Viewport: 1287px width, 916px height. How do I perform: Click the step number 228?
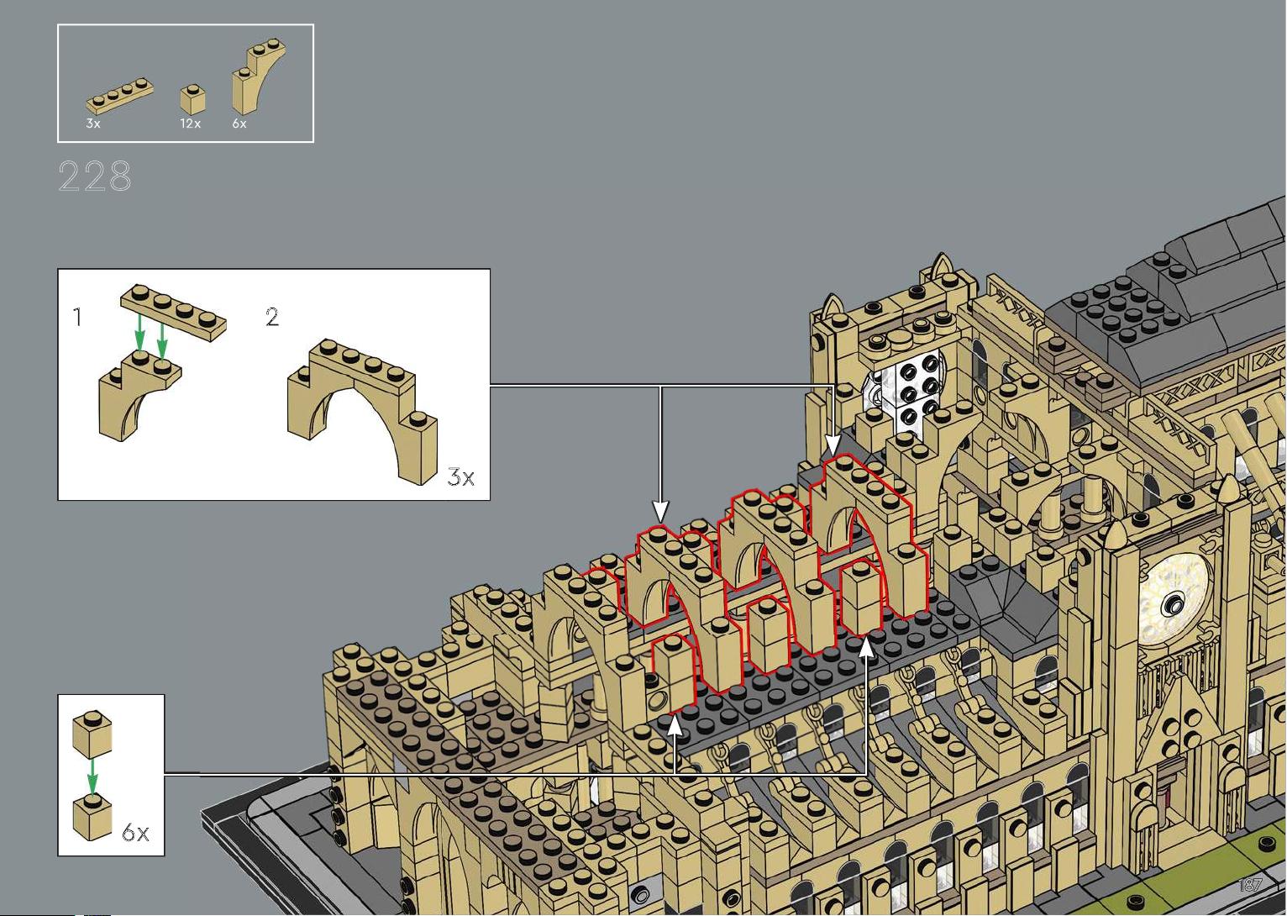pos(95,176)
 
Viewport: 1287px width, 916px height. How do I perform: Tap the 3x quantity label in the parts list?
pos(92,124)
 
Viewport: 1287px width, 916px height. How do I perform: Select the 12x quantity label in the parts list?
pos(190,124)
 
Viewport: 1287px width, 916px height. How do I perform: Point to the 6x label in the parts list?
pos(239,124)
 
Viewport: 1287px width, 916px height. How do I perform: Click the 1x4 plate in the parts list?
pos(119,97)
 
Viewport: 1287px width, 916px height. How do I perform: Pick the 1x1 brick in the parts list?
pos(192,99)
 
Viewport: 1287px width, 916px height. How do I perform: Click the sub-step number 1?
pos(77,318)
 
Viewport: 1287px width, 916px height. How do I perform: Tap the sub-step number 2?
pos(272,317)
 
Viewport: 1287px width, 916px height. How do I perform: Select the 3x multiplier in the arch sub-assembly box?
pos(460,478)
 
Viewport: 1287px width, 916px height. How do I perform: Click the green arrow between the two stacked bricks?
pos(92,777)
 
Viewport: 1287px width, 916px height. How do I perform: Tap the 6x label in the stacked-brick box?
pos(135,833)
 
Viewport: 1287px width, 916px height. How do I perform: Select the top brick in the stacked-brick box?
pos(92,733)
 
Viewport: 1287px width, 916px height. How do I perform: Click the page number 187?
pos(1250,886)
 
